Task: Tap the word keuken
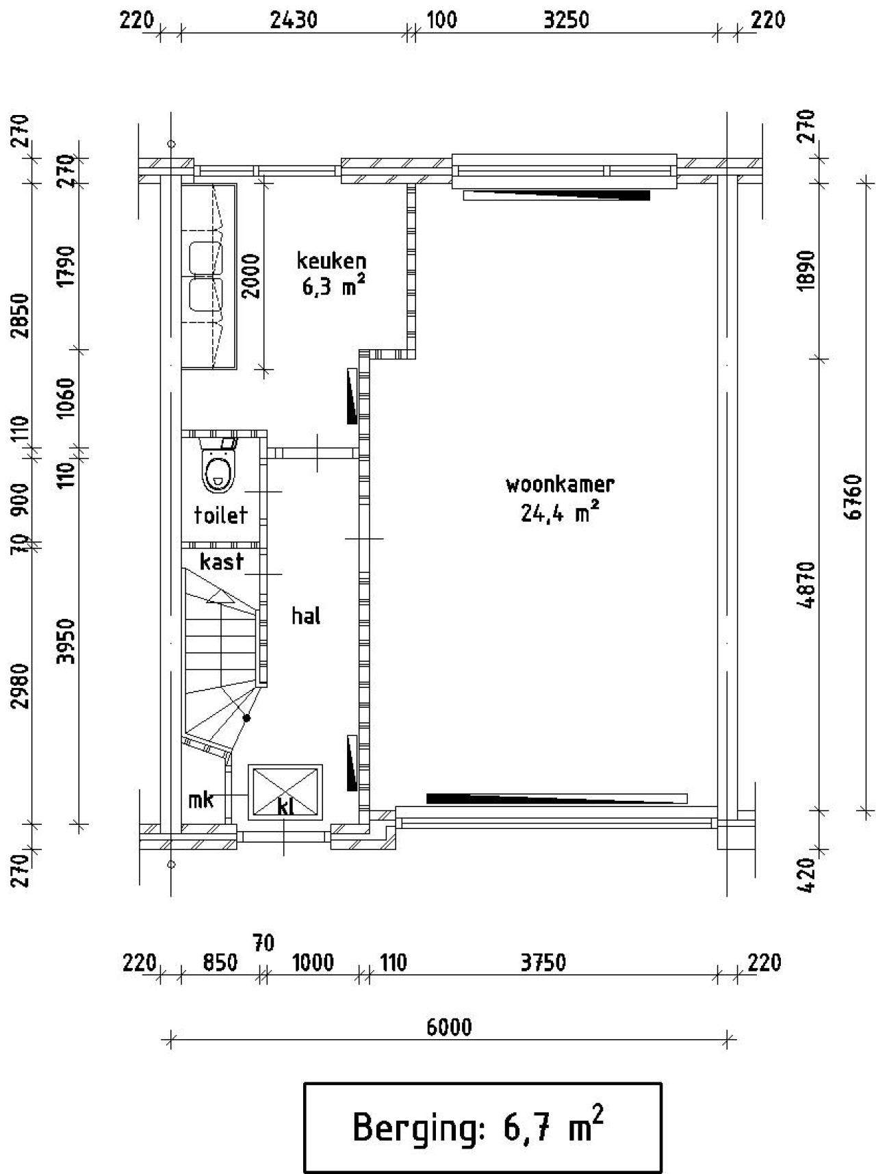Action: [331, 260]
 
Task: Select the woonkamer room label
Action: [560, 485]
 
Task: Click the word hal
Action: [306, 615]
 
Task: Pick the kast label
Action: [222, 561]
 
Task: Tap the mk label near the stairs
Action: [201, 799]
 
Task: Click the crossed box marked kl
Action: [286, 792]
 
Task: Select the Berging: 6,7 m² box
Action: [482, 1127]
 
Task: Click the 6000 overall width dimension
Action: [449, 1028]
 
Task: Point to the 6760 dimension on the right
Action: [853, 497]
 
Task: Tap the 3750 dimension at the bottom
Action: [543, 963]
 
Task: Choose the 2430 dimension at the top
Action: [294, 21]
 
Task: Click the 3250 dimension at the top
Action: [566, 21]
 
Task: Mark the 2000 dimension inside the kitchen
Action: [251, 276]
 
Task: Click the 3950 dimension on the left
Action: [66, 641]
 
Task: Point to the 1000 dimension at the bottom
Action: [313, 963]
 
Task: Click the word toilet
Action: [220, 515]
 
